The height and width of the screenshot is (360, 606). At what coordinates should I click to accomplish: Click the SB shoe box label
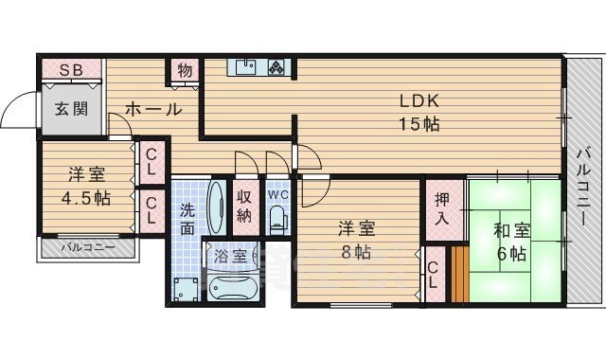click(71, 70)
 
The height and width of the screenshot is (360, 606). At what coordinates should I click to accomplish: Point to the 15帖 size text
click(417, 124)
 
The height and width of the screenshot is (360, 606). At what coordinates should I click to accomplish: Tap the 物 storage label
click(185, 72)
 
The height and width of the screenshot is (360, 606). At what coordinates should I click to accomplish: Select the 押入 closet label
click(442, 210)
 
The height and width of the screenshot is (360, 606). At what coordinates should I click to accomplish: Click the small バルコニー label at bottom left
click(87, 248)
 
